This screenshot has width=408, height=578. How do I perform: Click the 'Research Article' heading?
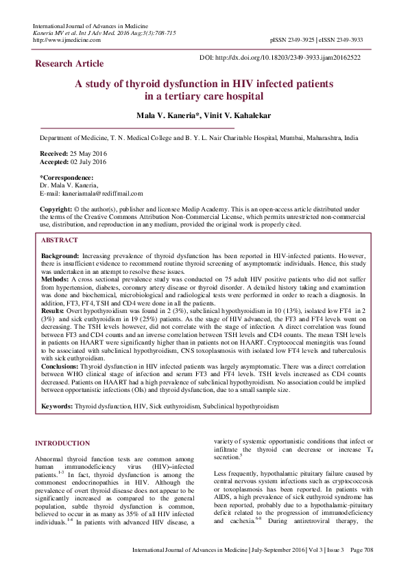69,64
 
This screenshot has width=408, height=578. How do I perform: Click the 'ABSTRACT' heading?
59,240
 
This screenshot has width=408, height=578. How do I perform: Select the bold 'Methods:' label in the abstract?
56,280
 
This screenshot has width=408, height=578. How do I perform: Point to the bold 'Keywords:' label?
58,406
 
